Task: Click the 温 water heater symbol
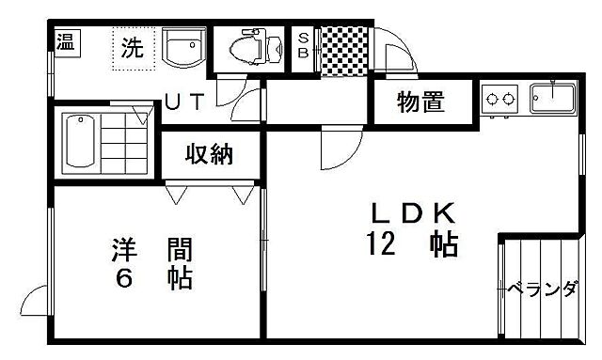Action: click(65, 41)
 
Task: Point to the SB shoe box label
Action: click(305, 45)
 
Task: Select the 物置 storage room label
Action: click(420, 103)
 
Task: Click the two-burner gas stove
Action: click(499, 97)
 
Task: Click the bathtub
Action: click(80, 142)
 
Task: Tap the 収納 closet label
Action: click(209, 155)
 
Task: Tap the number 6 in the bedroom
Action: click(122, 279)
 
